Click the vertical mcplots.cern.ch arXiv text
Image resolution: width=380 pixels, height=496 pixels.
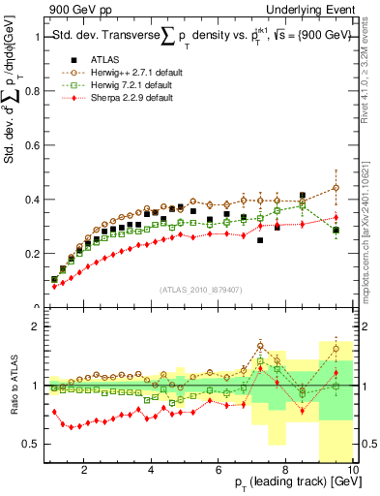click(x=371, y=232)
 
